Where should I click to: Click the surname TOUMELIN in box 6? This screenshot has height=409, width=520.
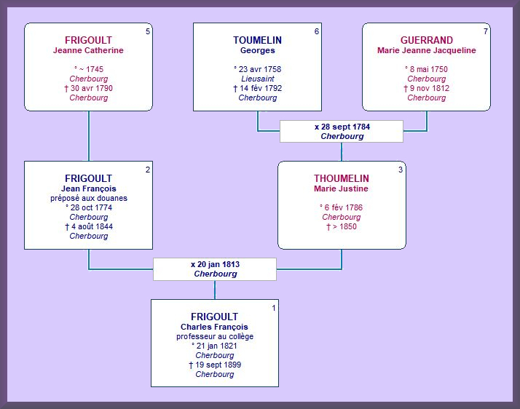257,40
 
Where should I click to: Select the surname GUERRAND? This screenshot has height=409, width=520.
427,40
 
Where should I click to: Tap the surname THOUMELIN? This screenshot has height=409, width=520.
342,178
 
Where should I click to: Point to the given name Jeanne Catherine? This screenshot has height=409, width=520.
88,50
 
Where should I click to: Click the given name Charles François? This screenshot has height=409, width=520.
214,327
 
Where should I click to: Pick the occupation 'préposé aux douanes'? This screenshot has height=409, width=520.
89,198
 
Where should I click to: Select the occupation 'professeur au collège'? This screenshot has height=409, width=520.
215,336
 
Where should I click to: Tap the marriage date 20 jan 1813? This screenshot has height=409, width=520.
218,264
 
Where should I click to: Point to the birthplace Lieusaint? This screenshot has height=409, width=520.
258,79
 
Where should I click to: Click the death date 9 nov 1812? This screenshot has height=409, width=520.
430,88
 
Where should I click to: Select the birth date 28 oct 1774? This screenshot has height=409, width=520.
91,208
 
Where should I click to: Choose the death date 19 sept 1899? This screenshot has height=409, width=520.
218,365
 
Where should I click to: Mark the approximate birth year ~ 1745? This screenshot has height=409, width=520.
91,69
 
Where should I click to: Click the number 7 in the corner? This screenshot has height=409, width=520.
486,31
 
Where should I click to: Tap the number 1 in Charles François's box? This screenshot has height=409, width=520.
274,308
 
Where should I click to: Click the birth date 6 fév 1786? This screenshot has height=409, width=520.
344,207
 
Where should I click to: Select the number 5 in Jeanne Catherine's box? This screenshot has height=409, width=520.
148,31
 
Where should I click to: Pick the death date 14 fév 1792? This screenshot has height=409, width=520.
261,88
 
